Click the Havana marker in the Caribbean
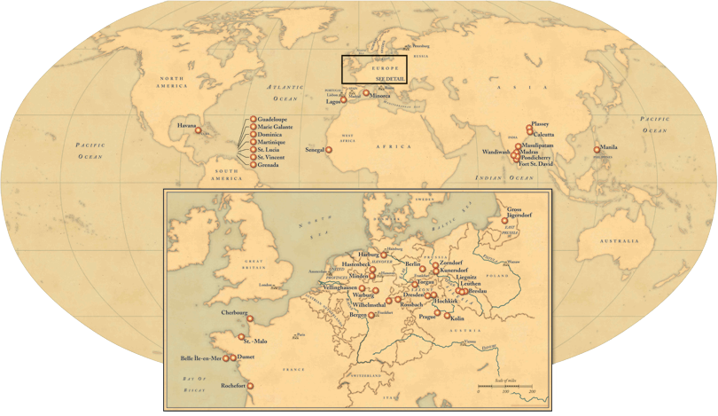tap(199, 131)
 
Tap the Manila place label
tap(609, 147)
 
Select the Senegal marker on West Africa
tap(330, 150)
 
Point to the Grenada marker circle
tap(253, 165)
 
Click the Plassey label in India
tap(540, 125)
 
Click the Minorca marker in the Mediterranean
tap(366, 93)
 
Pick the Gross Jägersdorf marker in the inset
tap(505, 221)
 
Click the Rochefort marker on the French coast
tap(251, 386)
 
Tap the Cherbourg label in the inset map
tap(236, 312)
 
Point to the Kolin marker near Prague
tap(448, 316)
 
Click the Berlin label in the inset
tap(413, 264)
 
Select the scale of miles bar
tap(505, 387)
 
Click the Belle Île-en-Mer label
tap(200, 357)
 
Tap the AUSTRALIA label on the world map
tap(618, 241)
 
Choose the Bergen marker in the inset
tap(371, 316)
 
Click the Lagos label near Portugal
tap(332, 102)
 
